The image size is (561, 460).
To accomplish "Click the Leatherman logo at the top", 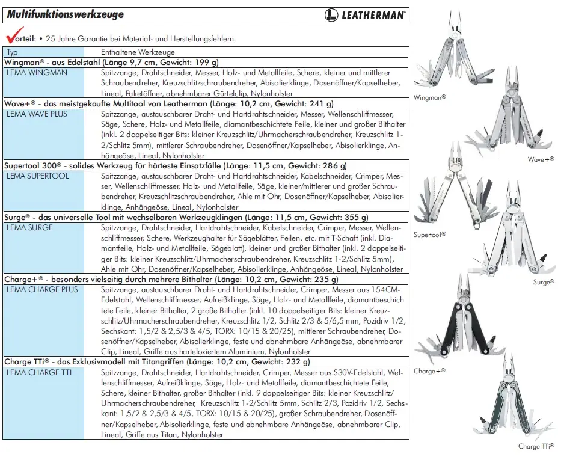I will point(365,15).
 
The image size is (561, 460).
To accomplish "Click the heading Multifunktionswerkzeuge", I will point(66,14).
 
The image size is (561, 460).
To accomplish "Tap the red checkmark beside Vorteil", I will point(10,35).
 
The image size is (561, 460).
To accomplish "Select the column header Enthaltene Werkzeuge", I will point(138,52).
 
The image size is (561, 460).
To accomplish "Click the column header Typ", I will point(12,52).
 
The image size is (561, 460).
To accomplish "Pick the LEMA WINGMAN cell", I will point(37,72).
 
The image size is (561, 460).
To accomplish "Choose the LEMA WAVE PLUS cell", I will point(38,114).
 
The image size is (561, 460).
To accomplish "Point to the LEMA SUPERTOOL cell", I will point(37,176).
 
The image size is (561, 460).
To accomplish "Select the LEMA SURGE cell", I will point(29,228).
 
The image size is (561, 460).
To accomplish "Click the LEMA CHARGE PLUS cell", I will point(42,290).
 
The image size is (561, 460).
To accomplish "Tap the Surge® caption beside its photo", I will point(544,281).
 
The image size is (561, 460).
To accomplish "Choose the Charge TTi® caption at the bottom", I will point(536,446).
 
